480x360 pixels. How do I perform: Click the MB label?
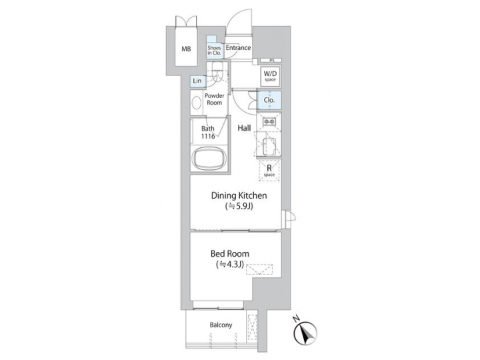[186, 49]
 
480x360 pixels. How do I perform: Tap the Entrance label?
[238, 48]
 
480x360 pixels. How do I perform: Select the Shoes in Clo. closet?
[214, 49]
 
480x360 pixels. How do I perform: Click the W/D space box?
[270, 75]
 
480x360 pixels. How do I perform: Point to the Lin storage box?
[197, 81]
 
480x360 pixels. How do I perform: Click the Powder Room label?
[213, 99]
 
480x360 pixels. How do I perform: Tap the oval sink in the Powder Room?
[196, 104]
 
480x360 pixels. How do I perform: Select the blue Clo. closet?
[269, 101]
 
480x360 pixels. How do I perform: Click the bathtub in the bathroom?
[208, 160]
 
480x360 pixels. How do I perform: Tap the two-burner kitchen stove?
[269, 123]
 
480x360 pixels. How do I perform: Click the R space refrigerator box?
[269, 169]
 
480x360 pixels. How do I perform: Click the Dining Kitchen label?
[239, 196]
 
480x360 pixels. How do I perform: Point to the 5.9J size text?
[239, 207]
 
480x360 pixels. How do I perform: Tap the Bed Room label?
[230, 254]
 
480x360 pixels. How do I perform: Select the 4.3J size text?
[230, 265]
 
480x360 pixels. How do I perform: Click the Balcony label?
[221, 325]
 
